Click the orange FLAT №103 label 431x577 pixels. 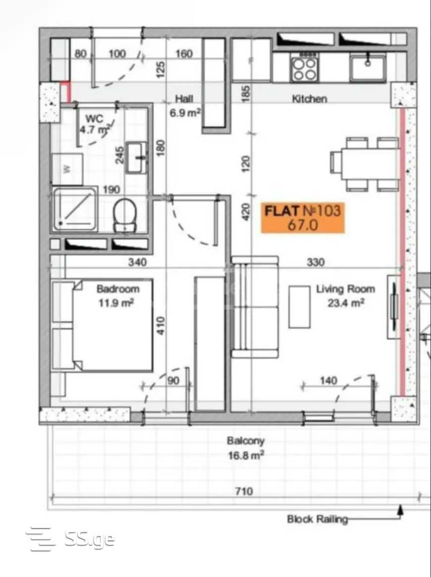pos(303,217)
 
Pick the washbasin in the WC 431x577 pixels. pos(136,158)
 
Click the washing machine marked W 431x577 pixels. pos(67,169)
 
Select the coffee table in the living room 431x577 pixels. pos(299,307)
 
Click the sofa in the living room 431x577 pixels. pos(254,307)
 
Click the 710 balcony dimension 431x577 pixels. pos(244,491)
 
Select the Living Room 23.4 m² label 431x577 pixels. pos(345,296)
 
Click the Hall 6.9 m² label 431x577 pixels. pos(185,105)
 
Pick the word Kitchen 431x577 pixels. pos(310,98)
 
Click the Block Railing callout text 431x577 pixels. pos(317,519)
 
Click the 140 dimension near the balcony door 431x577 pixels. pos(328,380)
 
